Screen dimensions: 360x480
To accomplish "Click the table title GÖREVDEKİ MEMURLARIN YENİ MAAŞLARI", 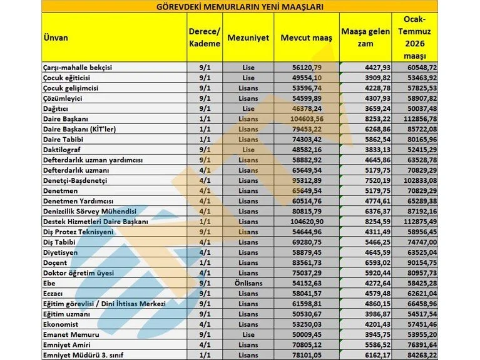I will (240, 7).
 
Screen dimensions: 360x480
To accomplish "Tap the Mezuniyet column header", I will (248, 38).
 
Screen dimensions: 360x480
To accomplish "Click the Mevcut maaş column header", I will (307, 38).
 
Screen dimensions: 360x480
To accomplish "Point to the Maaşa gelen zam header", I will (366, 38).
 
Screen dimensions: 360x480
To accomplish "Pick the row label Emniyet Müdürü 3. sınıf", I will (84, 354).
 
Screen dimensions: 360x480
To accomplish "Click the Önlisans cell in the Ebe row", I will (248, 282).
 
